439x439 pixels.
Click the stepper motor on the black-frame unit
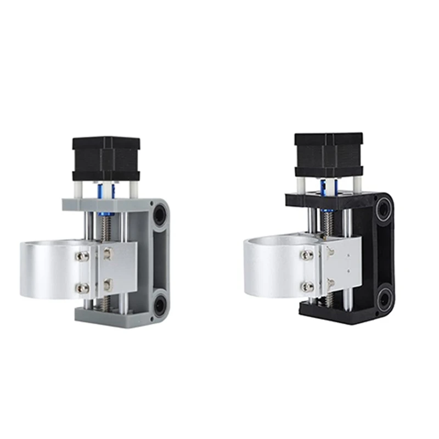[328, 154]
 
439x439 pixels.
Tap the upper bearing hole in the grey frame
[159, 214]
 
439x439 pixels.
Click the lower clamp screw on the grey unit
[84, 288]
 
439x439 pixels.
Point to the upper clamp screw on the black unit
[307, 255]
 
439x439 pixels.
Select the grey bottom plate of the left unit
[110, 315]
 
